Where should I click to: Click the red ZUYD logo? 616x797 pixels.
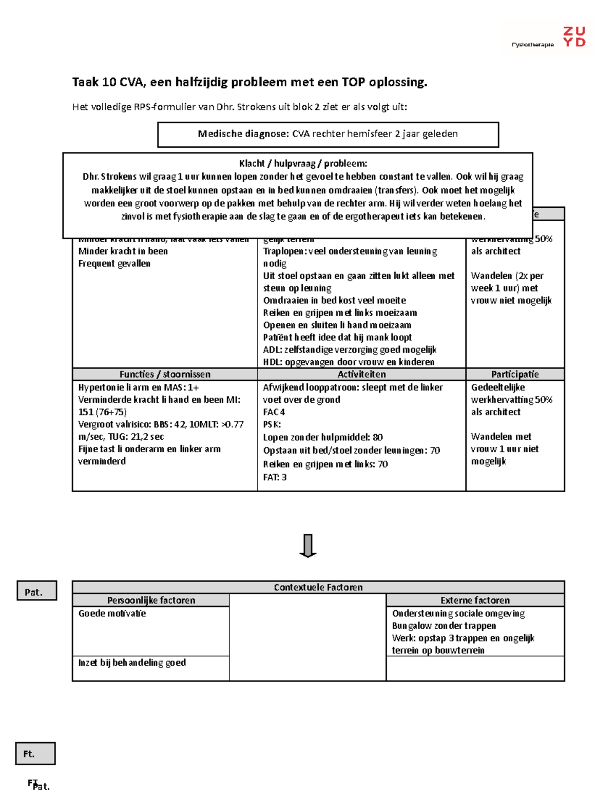(x=574, y=37)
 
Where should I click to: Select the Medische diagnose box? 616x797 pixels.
(x=328, y=134)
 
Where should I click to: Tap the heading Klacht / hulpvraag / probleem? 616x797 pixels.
(x=303, y=164)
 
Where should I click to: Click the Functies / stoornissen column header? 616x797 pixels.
(x=165, y=374)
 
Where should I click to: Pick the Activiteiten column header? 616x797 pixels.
(x=361, y=374)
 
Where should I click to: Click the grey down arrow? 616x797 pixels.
(x=307, y=546)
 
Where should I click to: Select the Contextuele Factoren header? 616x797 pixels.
(x=318, y=587)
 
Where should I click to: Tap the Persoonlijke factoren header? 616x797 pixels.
(x=151, y=600)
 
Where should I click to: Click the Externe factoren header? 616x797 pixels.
(x=475, y=600)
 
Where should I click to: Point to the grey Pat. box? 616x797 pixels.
(x=36, y=591)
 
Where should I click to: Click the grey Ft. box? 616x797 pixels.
(x=35, y=753)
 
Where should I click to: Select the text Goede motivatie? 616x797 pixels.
(x=112, y=613)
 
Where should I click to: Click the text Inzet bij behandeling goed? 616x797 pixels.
(x=132, y=663)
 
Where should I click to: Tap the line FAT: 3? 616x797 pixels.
(x=275, y=477)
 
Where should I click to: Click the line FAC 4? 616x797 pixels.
(x=274, y=412)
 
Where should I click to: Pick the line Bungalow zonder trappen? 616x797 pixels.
(x=444, y=626)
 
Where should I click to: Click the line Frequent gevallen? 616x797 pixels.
(x=114, y=263)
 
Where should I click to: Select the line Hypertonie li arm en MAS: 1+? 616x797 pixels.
(x=138, y=387)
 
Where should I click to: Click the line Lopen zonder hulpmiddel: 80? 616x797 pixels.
(x=323, y=437)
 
